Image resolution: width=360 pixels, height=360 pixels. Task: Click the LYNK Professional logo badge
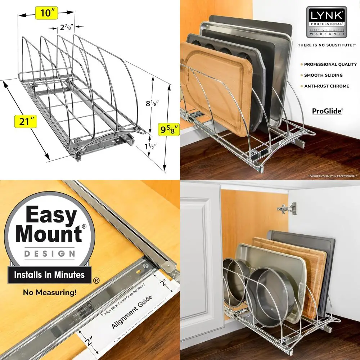pyautogui.click(x=326, y=22)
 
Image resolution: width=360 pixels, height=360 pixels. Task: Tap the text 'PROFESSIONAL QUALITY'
pyautogui.click(x=330, y=64)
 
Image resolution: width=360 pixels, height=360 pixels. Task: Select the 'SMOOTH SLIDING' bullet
pyautogui.click(x=323, y=75)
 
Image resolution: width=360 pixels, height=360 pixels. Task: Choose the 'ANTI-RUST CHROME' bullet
pyautogui.click(x=327, y=86)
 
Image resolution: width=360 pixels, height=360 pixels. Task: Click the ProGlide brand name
pyautogui.click(x=327, y=111)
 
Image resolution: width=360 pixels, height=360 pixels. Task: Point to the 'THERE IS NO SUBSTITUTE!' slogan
pyautogui.click(x=326, y=45)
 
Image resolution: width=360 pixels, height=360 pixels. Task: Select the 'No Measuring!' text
pyautogui.click(x=50, y=292)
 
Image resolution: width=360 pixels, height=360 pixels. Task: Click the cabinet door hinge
pyautogui.click(x=288, y=208)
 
